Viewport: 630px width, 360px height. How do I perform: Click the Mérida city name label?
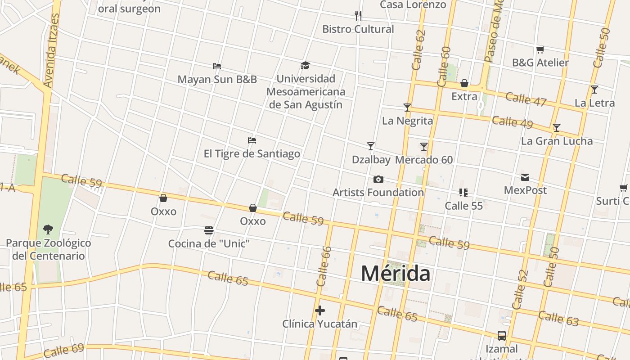[x=395, y=274]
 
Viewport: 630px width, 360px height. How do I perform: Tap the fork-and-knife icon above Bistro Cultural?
[x=358, y=16]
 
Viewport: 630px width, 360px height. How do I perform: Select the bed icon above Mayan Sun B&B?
[x=217, y=66]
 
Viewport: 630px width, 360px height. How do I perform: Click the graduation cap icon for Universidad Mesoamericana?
[x=306, y=66]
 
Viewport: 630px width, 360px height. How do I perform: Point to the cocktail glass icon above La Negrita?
[x=407, y=107]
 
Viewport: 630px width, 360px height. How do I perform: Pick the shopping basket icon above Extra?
[x=464, y=83]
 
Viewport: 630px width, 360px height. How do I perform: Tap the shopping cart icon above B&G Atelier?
[x=540, y=49]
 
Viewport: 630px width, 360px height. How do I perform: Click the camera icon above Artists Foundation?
[x=378, y=179]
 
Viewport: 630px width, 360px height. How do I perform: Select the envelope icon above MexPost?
[x=525, y=177]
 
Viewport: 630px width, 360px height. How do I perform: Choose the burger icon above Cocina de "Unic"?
[x=209, y=230]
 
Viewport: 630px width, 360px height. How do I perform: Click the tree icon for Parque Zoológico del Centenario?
[x=48, y=229]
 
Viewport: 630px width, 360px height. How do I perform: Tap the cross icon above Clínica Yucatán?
[x=320, y=310]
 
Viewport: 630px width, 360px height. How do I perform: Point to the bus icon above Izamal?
[x=502, y=335]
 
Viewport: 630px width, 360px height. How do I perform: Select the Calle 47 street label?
[x=526, y=99]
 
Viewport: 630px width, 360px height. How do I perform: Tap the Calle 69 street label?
[x=64, y=350]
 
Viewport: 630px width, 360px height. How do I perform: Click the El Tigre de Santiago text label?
[x=252, y=154]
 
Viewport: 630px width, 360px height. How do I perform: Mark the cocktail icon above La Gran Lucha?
[x=557, y=128]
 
